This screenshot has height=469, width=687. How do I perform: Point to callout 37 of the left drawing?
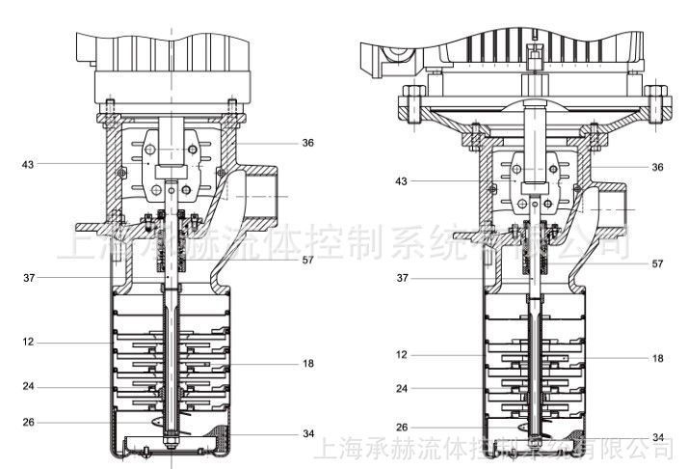30,278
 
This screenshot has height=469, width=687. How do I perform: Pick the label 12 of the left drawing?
30,343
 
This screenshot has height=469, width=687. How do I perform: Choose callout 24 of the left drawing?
30,387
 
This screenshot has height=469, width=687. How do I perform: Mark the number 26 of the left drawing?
30,421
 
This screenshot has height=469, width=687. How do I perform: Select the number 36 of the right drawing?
657,166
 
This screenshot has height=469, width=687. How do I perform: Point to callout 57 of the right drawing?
657,263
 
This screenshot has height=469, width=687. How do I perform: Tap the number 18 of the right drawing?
657,358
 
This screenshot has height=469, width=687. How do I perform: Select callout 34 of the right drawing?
657,437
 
